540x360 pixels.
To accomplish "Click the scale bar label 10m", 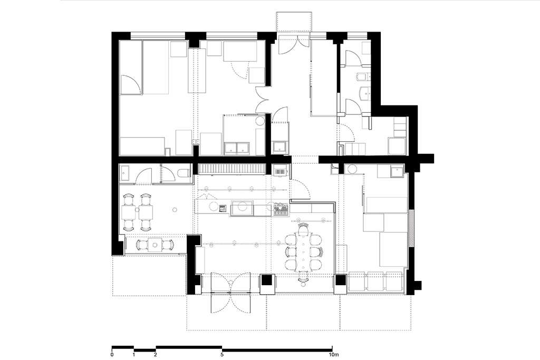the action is click(333, 355).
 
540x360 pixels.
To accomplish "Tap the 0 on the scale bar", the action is click(112, 355).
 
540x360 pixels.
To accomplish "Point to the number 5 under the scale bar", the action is click(222, 355).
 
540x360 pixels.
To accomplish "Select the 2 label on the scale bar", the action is click(156, 355).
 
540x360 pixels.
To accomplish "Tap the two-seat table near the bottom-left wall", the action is click(155, 245).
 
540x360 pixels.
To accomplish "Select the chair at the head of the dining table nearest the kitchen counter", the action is click(303, 228).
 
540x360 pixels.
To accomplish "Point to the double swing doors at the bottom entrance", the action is click(230, 293).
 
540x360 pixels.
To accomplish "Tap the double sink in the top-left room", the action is click(237, 148).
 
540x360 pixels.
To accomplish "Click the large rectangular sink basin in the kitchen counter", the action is click(242, 208).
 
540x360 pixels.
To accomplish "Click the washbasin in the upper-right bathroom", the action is click(364, 93).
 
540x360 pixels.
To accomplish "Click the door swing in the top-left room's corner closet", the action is click(131, 84).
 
